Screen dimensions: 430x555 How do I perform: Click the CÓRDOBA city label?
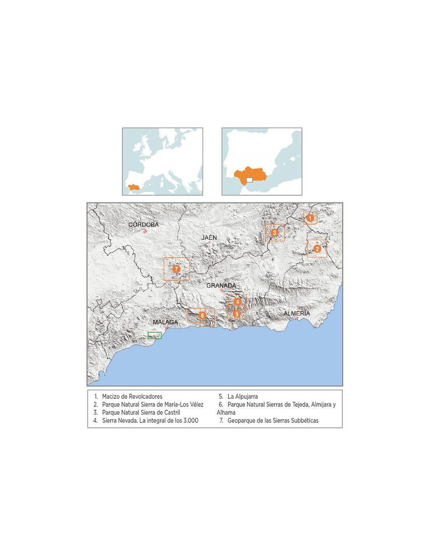pyautogui.click(x=144, y=225)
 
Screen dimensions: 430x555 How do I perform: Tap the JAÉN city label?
pyautogui.click(x=209, y=238)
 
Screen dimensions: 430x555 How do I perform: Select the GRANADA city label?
pyautogui.click(x=221, y=285)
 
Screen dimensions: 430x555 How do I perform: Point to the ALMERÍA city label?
pyautogui.click(x=296, y=313)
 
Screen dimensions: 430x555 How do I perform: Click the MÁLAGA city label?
pyautogui.click(x=165, y=322)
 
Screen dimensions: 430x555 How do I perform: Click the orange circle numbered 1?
pyautogui.click(x=310, y=218)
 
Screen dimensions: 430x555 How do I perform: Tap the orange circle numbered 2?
pyautogui.click(x=317, y=249)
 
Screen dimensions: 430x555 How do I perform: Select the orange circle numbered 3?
pyautogui.click(x=275, y=233)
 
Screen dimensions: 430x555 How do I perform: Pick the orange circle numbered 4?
pyautogui.click(x=238, y=302)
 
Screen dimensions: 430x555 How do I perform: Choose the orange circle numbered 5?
pyautogui.click(x=237, y=314)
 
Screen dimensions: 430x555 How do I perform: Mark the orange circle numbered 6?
pyautogui.click(x=202, y=315)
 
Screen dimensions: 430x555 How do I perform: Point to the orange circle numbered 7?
pyautogui.click(x=176, y=269)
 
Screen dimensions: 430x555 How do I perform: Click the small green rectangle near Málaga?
pyautogui.click(x=155, y=335)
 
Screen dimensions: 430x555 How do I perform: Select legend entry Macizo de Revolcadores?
pyautogui.click(x=132, y=397)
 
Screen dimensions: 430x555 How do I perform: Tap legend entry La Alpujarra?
pyautogui.click(x=242, y=397)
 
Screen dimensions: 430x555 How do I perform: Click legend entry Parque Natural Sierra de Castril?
pyautogui.click(x=141, y=412)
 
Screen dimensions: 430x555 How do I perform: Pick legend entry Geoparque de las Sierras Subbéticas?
pyautogui.click(x=273, y=420)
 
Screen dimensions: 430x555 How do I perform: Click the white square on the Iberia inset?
pyautogui.click(x=249, y=180)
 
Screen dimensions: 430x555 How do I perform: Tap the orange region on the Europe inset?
pyautogui.click(x=134, y=187)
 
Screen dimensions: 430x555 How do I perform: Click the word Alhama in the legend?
pyautogui.click(x=226, y=412)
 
